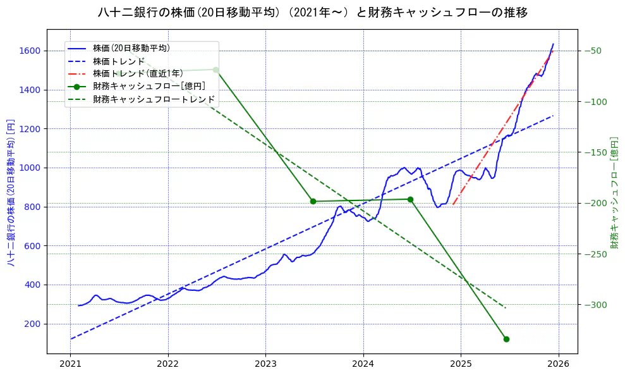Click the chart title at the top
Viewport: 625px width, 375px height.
[x=312, y=12]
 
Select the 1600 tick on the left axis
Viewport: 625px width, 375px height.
[x=30, y=51]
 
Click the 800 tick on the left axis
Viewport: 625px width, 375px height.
[x=33, y=207]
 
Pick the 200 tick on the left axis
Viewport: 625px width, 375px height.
[x=33, y=324]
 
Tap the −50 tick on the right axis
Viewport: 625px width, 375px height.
[x=595, y=51]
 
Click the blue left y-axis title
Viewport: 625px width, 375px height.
[x=11, y=192]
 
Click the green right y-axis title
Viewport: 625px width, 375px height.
[x=614, y=192]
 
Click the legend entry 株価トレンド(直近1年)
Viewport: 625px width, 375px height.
[x=138, y=73]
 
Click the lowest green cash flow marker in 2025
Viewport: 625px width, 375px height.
[x=506, y=339]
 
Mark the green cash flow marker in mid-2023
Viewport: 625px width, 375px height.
[x=313, y=201]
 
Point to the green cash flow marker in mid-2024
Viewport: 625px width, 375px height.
[x=410, y=199]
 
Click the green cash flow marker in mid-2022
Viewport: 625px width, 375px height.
[x=215, y=70]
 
